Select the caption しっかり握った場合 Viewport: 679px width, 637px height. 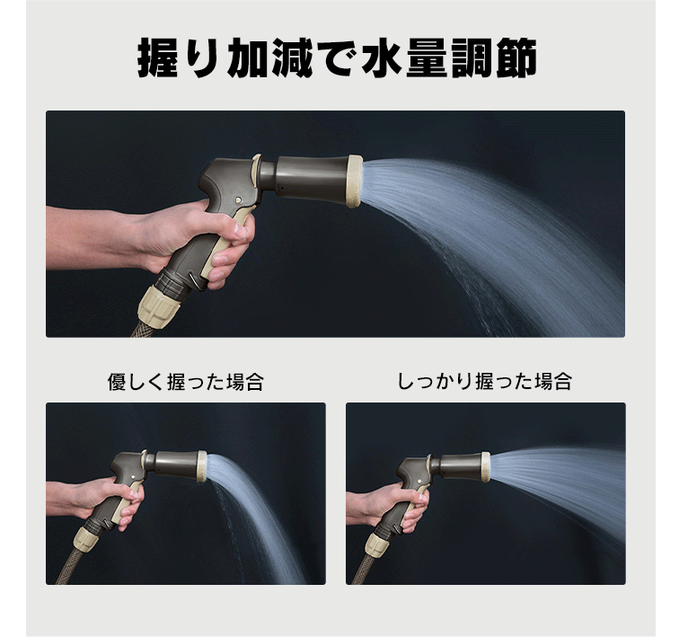click(484, 381)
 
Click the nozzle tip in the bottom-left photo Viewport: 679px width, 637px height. click(202, 466)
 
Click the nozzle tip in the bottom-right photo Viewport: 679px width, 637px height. click(486, 467)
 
